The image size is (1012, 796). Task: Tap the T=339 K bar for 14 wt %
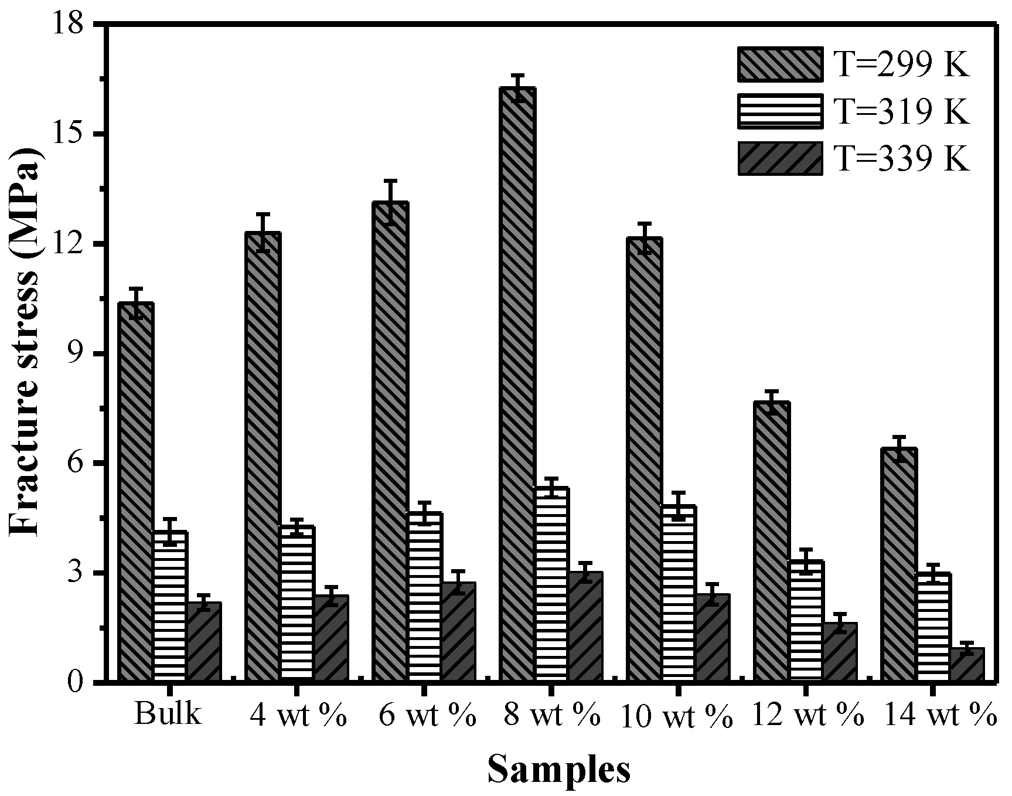(967, 665)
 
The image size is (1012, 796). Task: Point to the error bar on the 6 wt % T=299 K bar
(391, 202)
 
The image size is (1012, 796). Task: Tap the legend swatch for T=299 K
(780, 64)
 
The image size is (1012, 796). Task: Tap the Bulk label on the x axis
(168, 716)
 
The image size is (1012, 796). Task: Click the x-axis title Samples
(558, 770)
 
